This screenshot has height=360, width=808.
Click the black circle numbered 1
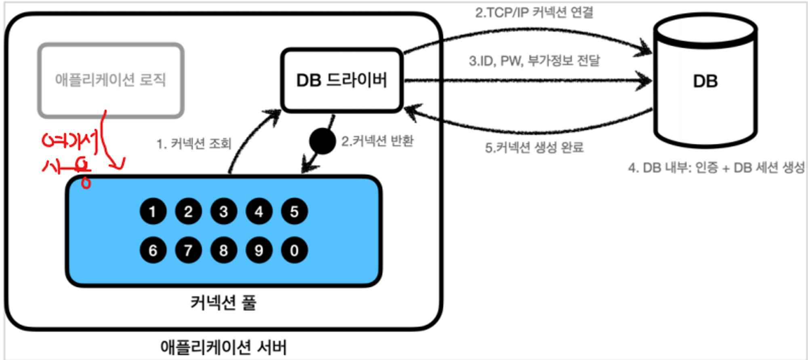click(153, 211)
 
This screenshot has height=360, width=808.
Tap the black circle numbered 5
click(295, 211)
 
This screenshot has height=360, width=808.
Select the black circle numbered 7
click(188, 251)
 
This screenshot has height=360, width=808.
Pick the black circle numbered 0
click(295, 251)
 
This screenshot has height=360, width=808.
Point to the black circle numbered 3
click(224, 211)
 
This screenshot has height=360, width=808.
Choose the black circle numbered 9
click(259, 251)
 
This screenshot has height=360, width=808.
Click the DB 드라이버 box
click(342, 80)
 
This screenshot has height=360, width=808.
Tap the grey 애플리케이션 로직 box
click(111, 80)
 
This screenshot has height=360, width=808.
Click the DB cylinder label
click(705, 81)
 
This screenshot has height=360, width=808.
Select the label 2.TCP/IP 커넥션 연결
click(534, 13)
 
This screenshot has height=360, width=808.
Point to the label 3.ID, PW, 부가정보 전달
click(534, 61)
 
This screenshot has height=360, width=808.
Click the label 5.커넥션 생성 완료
click(534, 147)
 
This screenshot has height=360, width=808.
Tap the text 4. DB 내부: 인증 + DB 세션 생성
click(716, 167)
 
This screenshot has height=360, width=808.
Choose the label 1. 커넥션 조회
click(194, 143)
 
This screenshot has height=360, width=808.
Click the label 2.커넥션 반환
click(377, 141)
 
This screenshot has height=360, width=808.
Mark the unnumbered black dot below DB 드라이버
click(322, 141)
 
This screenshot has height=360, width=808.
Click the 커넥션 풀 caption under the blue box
click(223, 302)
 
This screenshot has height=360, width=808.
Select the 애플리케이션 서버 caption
click(223, 347)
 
